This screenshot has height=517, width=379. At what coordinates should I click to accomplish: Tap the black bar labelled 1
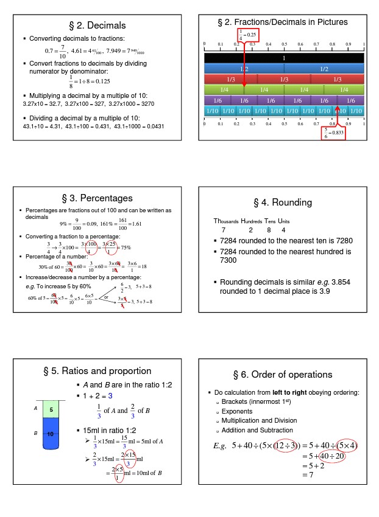point(284,58)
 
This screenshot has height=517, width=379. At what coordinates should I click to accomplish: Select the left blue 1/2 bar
point(244,69)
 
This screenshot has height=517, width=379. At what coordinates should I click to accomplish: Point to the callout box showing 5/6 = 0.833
point(334,133)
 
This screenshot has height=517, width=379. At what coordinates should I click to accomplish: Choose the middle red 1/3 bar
point(284,80)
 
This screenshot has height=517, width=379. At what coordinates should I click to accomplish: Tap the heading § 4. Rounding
point(283,203)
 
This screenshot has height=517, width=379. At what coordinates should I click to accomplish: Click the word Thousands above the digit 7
point(225,221)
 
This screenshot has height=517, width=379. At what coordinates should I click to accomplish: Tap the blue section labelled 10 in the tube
point(51,433)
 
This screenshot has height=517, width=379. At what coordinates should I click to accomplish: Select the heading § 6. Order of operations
point(283,374)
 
